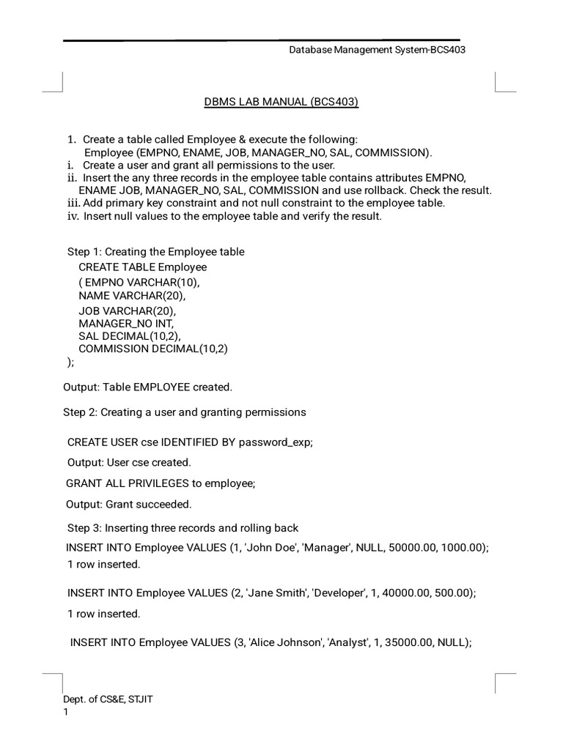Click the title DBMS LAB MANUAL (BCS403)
[281, 102]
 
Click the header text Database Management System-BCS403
[378, 50]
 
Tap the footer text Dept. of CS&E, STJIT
[108, 699]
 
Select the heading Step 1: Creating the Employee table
[156, 252]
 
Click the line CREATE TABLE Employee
[143, 267]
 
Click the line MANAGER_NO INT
[126, 322]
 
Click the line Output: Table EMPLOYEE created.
[147, 387]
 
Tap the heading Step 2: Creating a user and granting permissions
[184, 412]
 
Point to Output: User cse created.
[129, 462]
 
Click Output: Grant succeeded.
[128, 504]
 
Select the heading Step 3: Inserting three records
[183, 528]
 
